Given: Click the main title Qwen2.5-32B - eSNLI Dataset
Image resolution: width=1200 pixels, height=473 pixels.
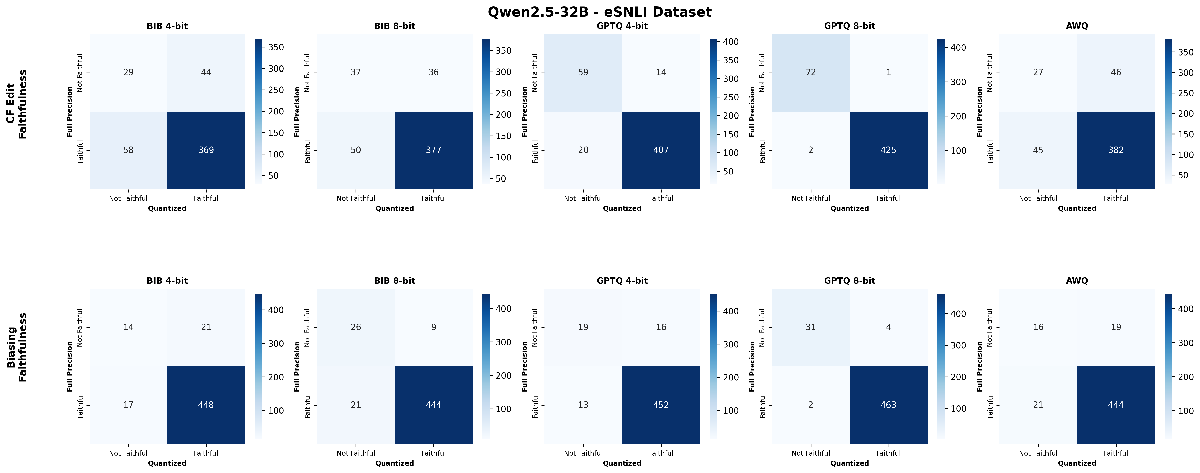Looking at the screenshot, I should [x=599, y=12].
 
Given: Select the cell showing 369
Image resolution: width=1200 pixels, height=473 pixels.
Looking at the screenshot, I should [x=206, y=150].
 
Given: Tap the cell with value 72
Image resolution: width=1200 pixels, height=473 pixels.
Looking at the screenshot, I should [x=811, y=72].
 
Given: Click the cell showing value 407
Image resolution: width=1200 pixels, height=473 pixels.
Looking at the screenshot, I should [x=661, y=150].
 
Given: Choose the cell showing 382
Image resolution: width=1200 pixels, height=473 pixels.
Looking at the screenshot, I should [x=1116, y=150].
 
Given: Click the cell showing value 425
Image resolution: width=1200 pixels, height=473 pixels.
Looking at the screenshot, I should [x=888, y=150].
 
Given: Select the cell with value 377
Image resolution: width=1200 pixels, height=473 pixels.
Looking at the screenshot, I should [x=433, y=150].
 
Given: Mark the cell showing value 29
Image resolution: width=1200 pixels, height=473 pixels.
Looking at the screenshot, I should [x=128, y=72].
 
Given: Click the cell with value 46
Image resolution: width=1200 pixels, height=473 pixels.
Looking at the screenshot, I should [x=1116, y=72].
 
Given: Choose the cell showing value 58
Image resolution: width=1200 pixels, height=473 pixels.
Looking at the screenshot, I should [x=128, y=150].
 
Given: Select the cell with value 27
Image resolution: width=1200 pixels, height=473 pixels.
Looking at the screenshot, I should [x=1038, y=72].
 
